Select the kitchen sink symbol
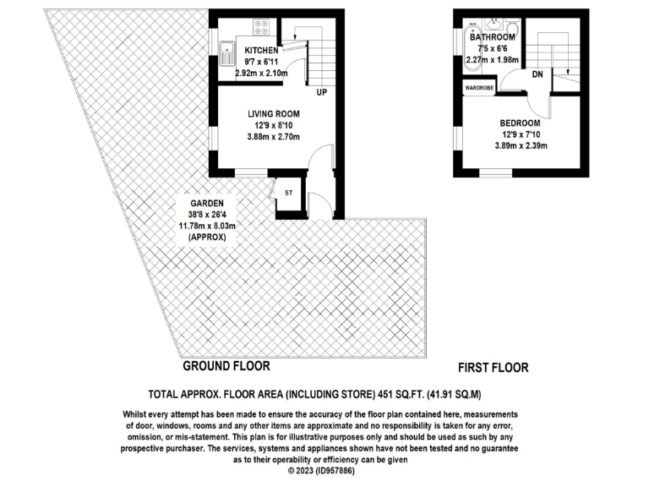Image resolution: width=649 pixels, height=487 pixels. pos(227,55)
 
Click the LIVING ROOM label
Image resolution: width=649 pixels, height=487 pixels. pos(273,113)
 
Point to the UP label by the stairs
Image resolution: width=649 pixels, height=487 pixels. pos(322,92)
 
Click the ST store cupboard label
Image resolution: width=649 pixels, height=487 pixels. pos(289,193)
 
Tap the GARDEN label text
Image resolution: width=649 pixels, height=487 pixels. pos(205,204)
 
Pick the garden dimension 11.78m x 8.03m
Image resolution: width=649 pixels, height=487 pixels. pos(205,227)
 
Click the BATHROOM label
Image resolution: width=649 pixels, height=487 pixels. pos(492,38)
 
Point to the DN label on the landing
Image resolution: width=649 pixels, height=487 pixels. pos(537,74)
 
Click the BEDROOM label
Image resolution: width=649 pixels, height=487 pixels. pos(521,122)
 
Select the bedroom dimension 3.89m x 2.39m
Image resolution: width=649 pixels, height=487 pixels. pos(521,145)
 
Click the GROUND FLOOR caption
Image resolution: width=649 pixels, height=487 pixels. pos(226,366)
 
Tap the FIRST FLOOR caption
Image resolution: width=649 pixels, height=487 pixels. pos(493,368)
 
